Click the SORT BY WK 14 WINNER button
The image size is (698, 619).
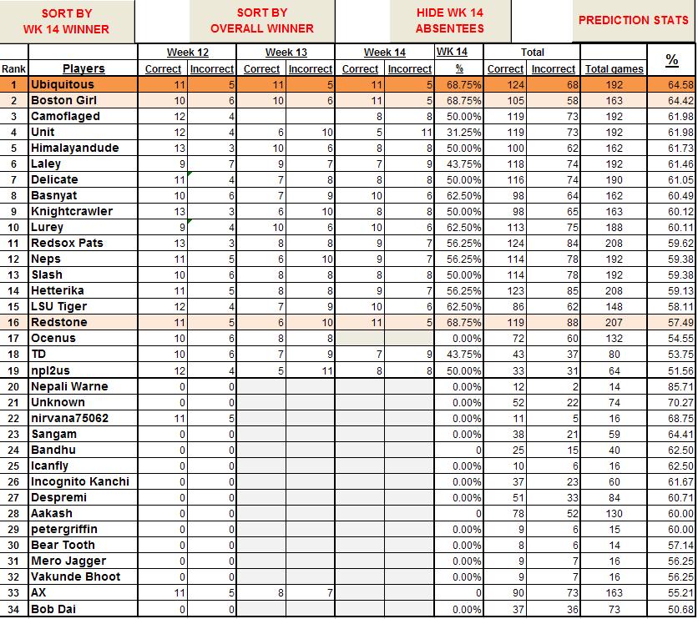67,21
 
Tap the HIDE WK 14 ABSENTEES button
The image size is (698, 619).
449,21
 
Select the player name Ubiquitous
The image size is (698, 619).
63,84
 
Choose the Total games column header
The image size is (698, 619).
614,69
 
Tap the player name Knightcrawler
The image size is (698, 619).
71,211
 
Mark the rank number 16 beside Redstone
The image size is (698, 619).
13,322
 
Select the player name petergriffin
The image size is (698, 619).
63,529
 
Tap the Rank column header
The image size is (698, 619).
13,68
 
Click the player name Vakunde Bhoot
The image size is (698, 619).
75,576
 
